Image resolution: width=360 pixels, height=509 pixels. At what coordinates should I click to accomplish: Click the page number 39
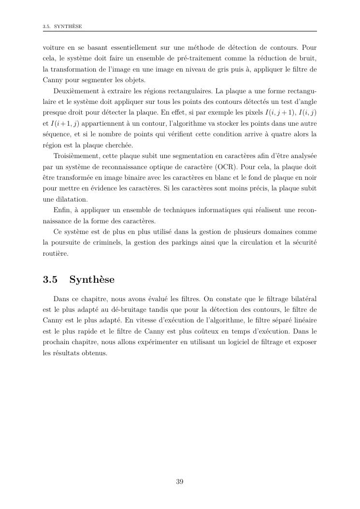tap(179, 481)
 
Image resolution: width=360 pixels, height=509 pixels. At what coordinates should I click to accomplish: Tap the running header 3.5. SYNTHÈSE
tap(62, 26)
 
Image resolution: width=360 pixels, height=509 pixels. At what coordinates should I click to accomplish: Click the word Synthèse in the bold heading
tap(92, 280)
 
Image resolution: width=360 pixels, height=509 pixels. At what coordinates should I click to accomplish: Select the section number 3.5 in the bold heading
tap(50, 280)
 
